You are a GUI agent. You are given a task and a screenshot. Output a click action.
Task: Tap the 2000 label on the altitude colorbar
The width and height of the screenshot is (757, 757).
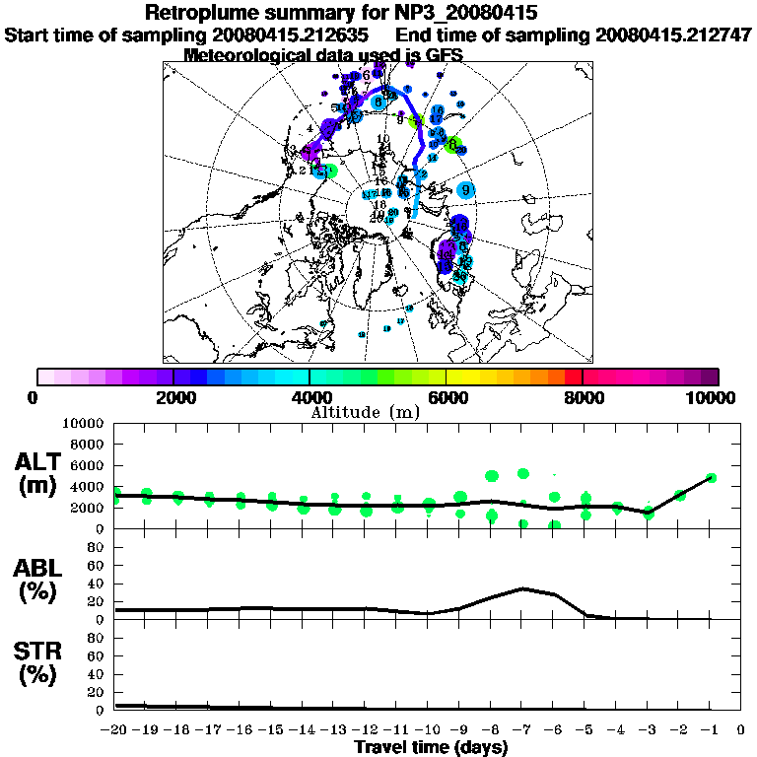[x=172, y=398]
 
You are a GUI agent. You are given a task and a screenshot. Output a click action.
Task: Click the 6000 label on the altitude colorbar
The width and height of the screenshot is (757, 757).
[x=447, y=398]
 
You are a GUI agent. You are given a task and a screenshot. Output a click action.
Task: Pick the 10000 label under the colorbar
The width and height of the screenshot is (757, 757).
[x=713, y=398]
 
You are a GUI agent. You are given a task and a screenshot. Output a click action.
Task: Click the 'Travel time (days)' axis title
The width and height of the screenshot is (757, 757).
[x=431, y=748]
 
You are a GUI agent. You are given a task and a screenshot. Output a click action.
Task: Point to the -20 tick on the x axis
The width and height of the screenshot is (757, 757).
[x=115, y=730]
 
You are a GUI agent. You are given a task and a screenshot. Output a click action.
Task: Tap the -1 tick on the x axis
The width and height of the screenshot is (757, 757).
[x=711, y=730]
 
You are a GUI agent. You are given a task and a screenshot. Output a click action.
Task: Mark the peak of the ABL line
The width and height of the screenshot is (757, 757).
[x=523, y=588]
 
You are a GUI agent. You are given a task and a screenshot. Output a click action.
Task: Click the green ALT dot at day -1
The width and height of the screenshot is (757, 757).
[x=711, y=477]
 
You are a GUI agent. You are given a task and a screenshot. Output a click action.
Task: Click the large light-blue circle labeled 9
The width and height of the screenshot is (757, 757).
[x=466, y=190]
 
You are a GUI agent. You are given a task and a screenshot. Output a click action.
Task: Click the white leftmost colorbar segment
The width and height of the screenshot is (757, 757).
[x=45, y=377]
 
